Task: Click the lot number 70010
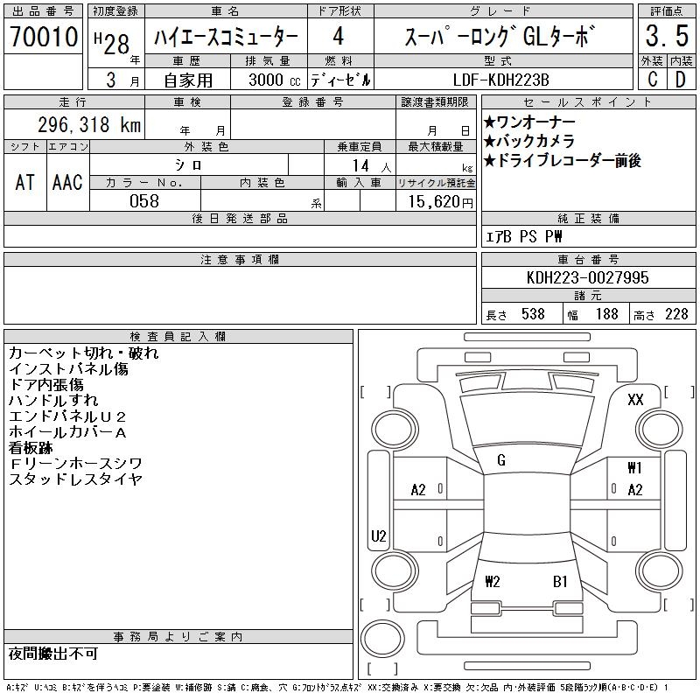click(x=44, y=37)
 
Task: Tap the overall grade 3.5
click(x=667, y=36)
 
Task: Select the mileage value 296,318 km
click(x=89, y=124)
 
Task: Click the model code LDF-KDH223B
click(x=500, y=80)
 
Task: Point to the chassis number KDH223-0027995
click(x=587, y=277)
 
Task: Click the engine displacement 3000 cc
click(x=275, y=80)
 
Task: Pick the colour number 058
click(x=144, y=201)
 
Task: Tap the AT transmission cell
click(x=25, y=182)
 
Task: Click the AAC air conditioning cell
click(x=67, y=182)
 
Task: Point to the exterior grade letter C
click(x=652, y=80)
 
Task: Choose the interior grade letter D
click(x=681, y=80)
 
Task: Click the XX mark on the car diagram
click(x=635, y=399)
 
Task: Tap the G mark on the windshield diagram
click(x=501, y=460)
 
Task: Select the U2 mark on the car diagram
click(x=379, y=535)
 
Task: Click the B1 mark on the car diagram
click(x=560, y=582)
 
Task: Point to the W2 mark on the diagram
click(x=493, y=582)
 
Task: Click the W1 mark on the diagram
click(x=635, y=468)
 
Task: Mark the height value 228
click(x=676, y=314)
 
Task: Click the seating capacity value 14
click(x=360, y=165)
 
